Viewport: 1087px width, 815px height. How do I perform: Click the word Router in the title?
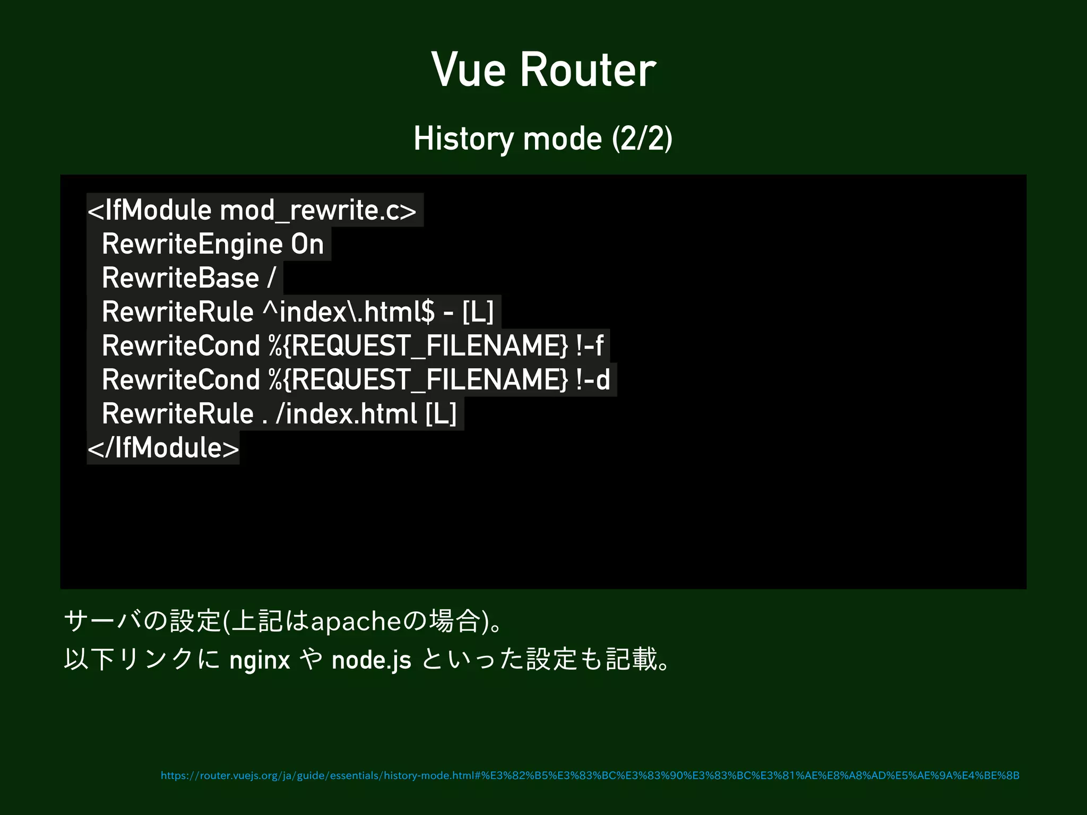pos(588,70)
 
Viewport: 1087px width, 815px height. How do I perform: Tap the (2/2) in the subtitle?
pos(642,139)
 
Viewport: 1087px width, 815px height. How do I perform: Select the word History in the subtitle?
pos(463,139)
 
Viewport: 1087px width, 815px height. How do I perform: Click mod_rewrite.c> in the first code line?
pos(318,211)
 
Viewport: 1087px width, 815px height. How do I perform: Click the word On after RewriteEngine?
pos(307,245)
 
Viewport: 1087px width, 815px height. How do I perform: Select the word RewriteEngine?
pos(192,245)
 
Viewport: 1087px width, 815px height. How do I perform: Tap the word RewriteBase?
pos(180,279)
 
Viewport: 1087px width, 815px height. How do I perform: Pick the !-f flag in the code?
pos(589,346)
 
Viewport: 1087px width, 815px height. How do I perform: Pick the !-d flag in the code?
pos(593,380)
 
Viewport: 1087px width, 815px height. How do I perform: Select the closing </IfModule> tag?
pos(163,448)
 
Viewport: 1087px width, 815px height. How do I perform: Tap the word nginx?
pos(260,661)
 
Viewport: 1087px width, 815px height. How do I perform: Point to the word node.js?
pos(371,661)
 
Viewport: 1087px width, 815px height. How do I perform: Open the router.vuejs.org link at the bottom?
pos(590,776)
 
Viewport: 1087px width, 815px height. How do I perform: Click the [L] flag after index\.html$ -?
pos(478,312)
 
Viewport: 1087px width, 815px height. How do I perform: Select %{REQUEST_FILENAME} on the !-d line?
pos(418,380)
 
